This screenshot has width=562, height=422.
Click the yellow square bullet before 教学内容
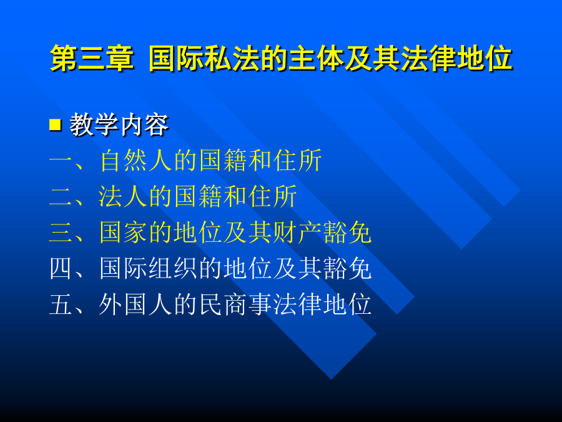tap(55, 125)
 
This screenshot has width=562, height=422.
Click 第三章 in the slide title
tap(92, 58)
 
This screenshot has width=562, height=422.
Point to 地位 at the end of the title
tap(485, 58)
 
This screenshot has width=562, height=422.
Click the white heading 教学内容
tap(119, 125)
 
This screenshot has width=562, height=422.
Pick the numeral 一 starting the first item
tap(61, 161)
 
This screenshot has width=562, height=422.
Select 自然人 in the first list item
tap(136, 161)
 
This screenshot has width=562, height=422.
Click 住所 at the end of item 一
tap(297, 161)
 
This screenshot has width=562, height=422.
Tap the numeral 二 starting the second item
tap(61, 197)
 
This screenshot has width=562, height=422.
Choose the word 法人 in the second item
tap(123, 196)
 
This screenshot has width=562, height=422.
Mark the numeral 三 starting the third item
tap(61, 233)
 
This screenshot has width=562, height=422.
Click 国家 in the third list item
tap(123, 233)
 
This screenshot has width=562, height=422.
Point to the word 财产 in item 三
tap(297, 233)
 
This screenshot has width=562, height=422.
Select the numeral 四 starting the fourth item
tap(61, 268)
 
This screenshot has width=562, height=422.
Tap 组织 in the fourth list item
tap(173, 268)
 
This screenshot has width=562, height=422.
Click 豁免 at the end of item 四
tap(347, 268)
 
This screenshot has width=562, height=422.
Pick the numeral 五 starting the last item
tap(61, 304)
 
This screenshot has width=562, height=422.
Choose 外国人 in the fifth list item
tap(136, 304)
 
